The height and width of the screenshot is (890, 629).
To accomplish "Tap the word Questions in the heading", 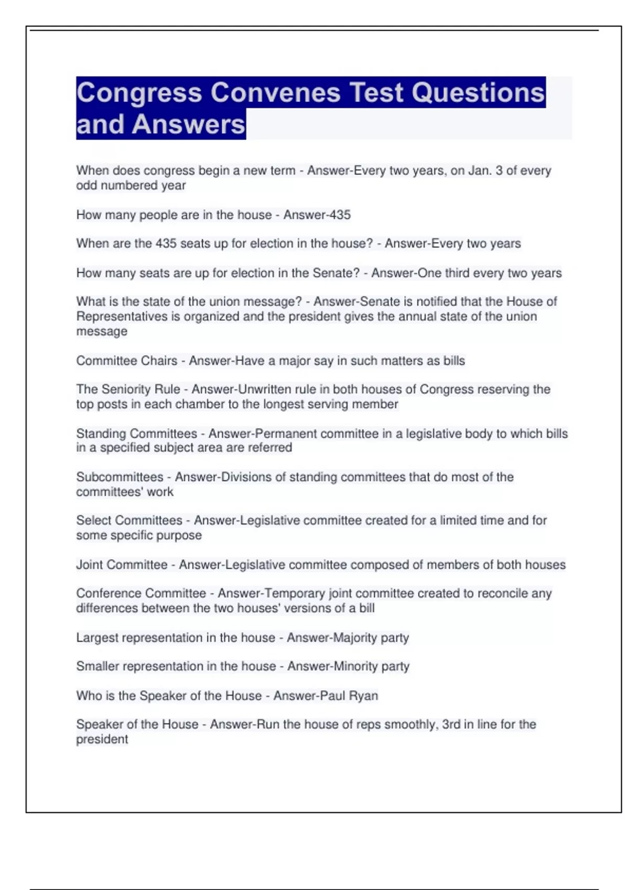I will coord(478,93).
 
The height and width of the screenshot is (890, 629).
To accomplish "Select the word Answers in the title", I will coord(189,125).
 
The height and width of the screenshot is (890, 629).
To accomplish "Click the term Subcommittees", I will coord(120,477).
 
